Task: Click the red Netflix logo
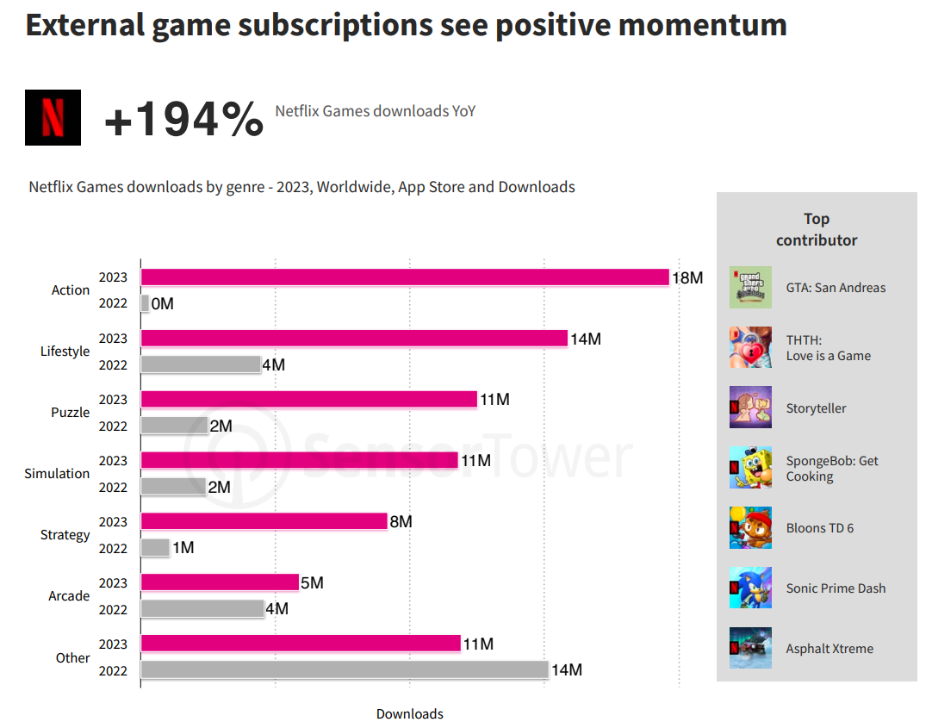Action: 53,117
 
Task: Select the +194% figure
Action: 183,119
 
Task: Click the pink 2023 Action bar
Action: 405,277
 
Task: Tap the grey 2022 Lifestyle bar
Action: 201,364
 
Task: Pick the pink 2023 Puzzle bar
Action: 308,399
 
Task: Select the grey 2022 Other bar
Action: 345,669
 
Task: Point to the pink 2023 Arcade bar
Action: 220,582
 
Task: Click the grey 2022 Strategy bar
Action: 155,547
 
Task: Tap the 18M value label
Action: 687,278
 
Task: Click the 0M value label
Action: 162,304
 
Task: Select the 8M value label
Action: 401,522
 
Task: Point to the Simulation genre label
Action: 57,474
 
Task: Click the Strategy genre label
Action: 65,535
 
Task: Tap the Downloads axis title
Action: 410,713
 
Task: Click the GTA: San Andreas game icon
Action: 750,288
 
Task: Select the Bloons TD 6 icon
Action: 750,528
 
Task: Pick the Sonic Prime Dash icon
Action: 750,588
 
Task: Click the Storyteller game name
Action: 816,408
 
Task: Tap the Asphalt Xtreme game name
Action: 829,649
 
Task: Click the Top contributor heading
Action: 817,229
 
